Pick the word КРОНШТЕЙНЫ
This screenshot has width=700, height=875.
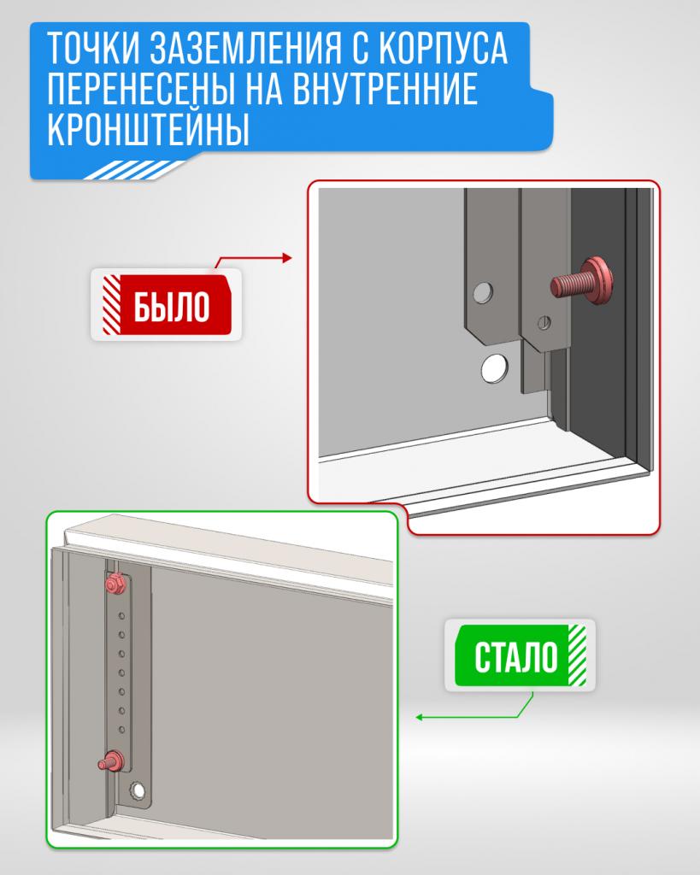[148, 129]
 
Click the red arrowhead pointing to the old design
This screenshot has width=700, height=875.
[287, 258]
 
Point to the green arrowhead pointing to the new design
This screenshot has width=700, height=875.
[419, 717]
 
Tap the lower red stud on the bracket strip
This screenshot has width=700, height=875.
[111, 760]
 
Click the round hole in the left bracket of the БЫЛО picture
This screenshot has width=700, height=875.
[484, 292]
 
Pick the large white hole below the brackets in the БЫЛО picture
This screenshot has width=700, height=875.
[494, 368]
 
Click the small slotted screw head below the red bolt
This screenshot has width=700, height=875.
[544, 322]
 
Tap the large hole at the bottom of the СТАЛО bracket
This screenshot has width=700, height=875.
[138, 790]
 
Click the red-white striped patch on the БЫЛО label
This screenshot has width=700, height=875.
[112, 305]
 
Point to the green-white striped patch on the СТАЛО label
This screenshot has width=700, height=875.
[577, 655]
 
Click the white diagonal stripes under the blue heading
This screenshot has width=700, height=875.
[134, 170]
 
